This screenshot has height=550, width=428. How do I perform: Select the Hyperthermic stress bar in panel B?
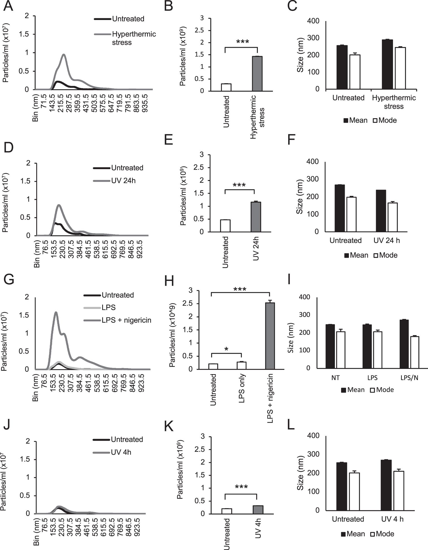coord(257,74)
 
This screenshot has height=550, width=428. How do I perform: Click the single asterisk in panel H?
coord(226,349)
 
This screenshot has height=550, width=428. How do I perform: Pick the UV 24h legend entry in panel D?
coord(123,180)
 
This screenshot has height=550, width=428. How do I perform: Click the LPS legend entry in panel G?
coord(108,307)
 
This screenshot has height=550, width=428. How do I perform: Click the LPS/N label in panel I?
coord(409,378)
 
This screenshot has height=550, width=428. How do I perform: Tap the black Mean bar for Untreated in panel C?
coord(342,67)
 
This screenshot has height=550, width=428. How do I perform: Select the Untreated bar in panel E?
coord(225,226)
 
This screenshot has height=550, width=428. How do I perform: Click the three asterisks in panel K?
coord(241,487)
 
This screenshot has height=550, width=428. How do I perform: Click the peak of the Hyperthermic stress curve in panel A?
coord(64,55)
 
